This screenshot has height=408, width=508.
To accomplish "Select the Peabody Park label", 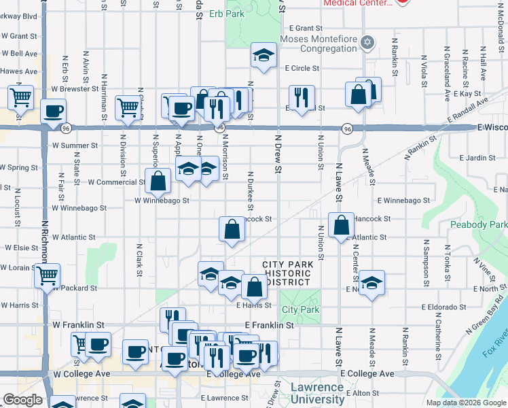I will pos(478,224).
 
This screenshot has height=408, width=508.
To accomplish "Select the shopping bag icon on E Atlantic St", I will pos(341,225).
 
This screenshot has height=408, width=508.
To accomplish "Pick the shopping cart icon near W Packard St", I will pos(48,275).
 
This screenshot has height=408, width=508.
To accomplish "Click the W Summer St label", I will pos(75,146).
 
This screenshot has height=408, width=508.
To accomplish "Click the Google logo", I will pos(23,401).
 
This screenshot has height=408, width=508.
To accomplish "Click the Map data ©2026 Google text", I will pos(465,403).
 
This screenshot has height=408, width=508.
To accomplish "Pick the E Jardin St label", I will pos(477,157).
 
